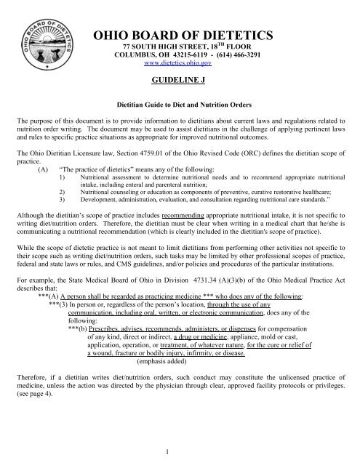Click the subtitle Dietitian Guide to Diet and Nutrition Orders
coord(180,105)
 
